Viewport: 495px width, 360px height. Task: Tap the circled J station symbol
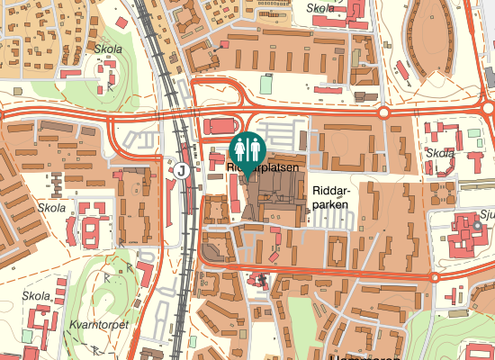click(x=183, y=169)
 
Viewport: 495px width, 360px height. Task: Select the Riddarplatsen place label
click(x=263, y=166)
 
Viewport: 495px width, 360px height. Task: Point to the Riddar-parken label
click(x=331, y=197)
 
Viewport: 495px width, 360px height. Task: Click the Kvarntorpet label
click(x=100, y=324)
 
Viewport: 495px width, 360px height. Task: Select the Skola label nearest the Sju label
click(x=440, y=153)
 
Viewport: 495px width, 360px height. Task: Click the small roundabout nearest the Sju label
click(x=435, y=278)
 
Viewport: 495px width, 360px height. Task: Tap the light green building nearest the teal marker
click(x=266, y=84)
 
